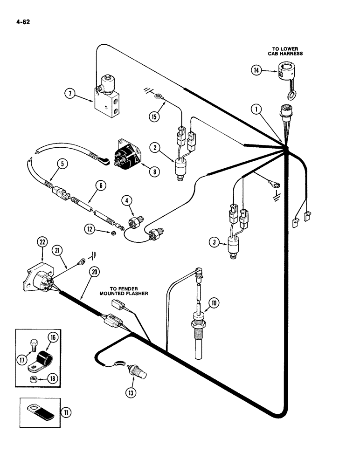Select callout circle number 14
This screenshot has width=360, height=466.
tap(256, 70)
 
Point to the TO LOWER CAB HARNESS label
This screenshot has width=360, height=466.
tap(285, 51)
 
